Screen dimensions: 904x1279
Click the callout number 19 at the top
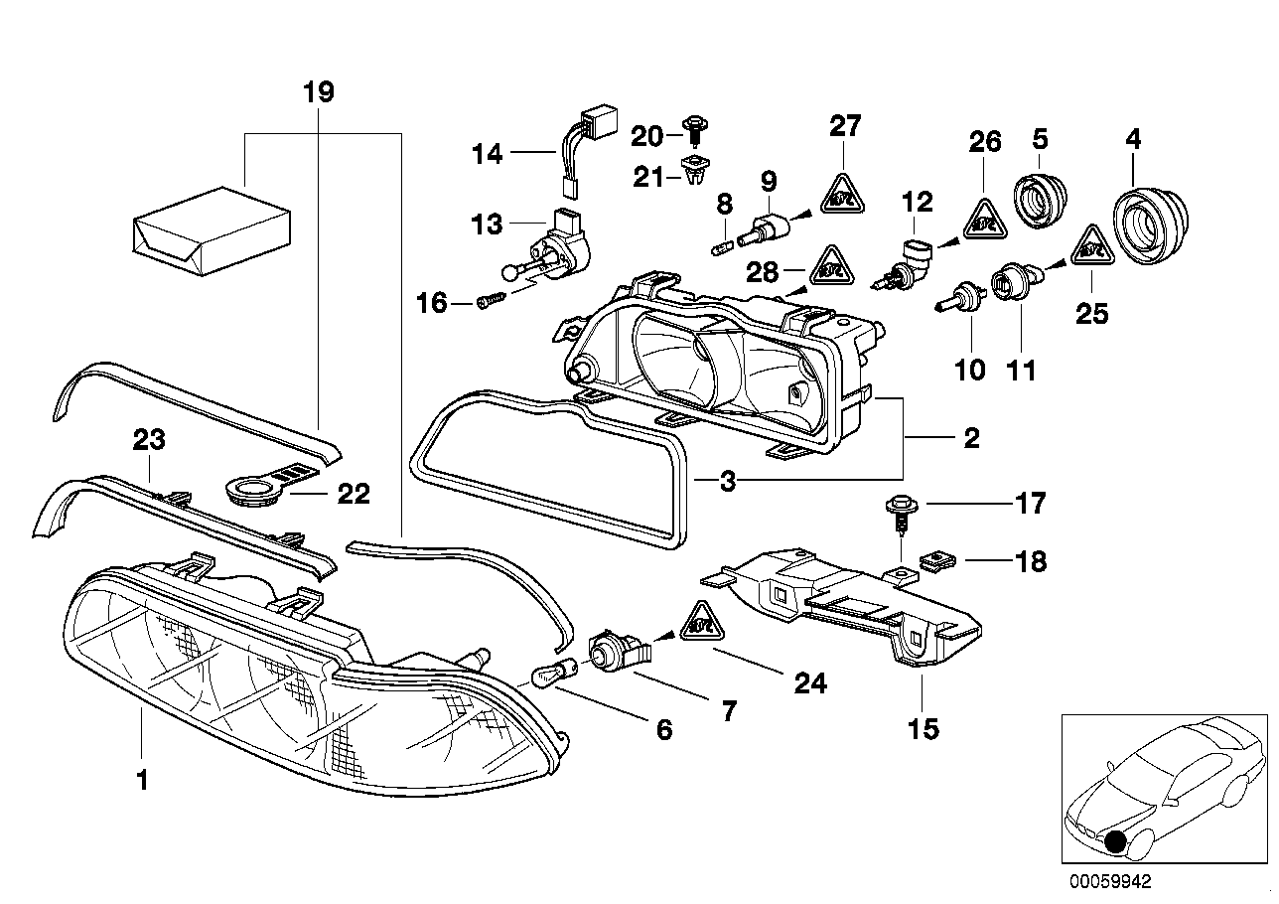pos(318,93)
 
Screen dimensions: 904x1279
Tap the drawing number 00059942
pos(1110,881)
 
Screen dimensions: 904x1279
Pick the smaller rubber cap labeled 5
pos(1039,198)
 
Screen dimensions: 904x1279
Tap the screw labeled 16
pos(490,299)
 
